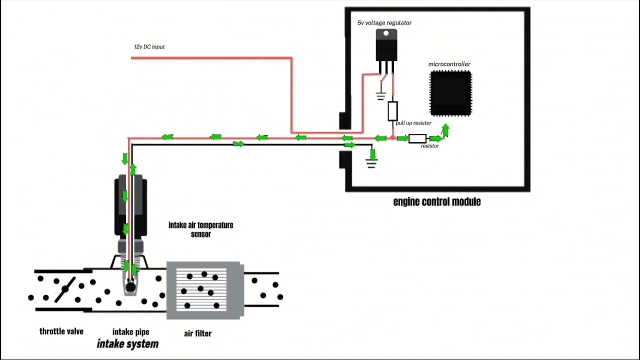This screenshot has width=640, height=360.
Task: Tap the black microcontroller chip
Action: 450,93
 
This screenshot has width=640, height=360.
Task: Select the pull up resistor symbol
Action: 392,111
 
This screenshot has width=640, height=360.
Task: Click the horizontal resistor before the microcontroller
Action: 417,138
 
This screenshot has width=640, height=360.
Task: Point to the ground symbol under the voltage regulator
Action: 381,95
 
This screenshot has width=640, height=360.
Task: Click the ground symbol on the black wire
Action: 371,163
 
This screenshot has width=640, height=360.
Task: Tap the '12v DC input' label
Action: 149,47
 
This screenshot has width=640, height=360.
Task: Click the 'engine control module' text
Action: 436,202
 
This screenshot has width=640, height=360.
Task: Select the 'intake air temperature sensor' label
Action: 200,229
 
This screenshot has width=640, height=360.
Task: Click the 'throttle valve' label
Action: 61,331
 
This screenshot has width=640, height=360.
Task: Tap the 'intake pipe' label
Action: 130,332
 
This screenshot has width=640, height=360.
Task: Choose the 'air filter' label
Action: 197,333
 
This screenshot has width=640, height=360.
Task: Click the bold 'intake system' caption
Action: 127,344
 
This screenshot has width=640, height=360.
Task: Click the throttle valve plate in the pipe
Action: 64,289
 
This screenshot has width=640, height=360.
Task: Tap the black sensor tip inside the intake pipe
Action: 130,287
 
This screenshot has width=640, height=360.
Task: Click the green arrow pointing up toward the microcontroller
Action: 445,130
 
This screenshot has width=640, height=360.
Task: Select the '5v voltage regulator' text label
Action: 384,23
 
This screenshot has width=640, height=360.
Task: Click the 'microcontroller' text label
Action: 449,64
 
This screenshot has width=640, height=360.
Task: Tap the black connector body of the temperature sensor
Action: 131,205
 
